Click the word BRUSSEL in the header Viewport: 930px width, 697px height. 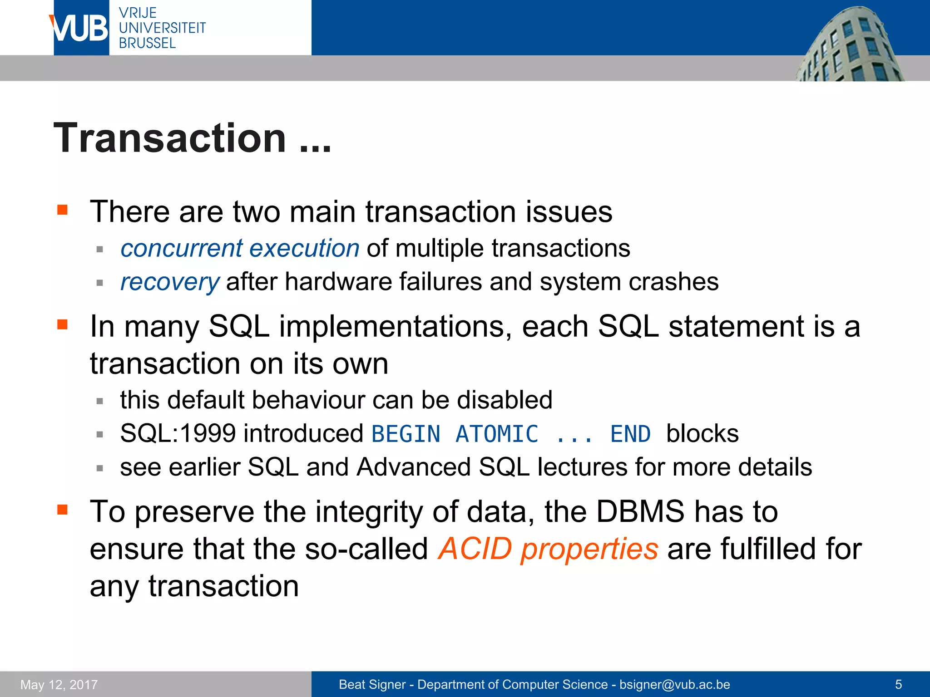(147, 43)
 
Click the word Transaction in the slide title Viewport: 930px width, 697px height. (169, 138)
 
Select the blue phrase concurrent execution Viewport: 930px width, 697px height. (240, 248)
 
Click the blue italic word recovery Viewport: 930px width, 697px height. (170, 282)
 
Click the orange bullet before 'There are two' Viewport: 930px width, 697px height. (62, 210)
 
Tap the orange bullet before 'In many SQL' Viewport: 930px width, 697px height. (62, 324)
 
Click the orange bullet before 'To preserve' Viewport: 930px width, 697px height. (62, 510)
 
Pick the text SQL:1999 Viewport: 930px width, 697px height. (178, 433)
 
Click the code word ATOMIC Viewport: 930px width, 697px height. (497, 434)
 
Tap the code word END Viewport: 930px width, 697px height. (630, 434)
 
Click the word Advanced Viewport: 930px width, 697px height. (413, 467)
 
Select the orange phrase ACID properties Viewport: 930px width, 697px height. (548, 549)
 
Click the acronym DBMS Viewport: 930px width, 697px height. (640, 511)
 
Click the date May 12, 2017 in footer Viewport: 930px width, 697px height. (59, 684)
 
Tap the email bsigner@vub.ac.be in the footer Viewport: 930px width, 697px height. (674, 684)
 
